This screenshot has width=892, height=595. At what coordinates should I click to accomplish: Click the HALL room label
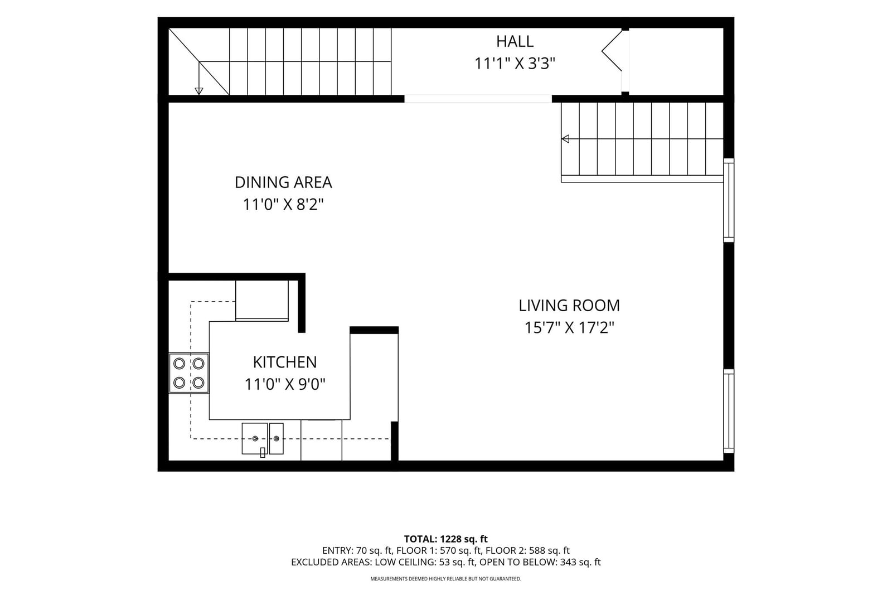515,41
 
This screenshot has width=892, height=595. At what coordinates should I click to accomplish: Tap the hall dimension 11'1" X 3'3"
515,64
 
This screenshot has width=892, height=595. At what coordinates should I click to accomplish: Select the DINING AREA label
283,182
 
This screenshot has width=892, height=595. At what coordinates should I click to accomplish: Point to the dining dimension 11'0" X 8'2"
283,205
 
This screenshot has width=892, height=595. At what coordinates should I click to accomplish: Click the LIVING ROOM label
569,306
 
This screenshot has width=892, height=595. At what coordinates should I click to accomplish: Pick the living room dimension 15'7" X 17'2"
569,328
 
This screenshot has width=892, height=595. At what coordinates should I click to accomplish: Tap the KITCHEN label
285,362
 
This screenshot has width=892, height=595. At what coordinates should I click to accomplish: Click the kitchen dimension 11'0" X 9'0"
285,385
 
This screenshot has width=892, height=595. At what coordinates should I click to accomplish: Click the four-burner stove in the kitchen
189,373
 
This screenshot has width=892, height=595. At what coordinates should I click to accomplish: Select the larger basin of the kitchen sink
254,438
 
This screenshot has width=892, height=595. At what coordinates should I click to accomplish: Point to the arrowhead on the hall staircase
198,91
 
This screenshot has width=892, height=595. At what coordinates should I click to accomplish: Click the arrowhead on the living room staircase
565,139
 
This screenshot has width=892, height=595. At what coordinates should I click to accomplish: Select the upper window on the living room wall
728,200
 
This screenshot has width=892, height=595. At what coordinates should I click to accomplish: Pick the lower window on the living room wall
728,411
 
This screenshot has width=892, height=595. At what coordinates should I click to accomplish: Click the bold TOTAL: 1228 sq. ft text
445,539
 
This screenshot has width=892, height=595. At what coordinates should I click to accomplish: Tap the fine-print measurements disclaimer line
445,579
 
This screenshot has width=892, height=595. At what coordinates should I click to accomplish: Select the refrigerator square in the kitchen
261,301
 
